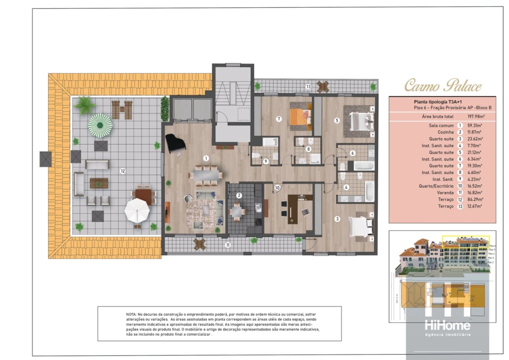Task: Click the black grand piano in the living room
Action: [175, 143]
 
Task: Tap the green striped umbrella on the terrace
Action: [100, 123]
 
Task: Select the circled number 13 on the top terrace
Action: [309, 86]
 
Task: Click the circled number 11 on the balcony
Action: [227, 244]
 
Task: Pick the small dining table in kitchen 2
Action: [237, 212]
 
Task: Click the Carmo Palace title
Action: [442, 85]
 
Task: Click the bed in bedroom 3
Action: [361, 225]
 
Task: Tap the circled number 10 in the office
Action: [276, 188]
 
